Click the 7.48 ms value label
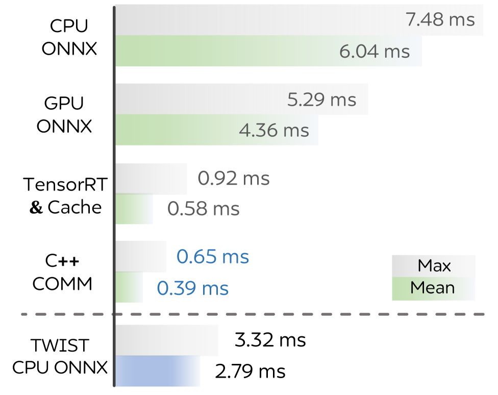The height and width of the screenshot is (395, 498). tap(440, 20)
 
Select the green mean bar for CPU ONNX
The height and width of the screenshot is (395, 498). tap(268, 51)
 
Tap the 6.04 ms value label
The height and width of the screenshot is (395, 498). tap(375, 52)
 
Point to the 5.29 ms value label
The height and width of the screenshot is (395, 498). tap(322, 100)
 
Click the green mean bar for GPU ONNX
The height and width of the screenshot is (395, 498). tap(217, 130)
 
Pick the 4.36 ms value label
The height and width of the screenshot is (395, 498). tap(274, 130)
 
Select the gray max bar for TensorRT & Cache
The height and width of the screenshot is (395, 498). tap(151, 179)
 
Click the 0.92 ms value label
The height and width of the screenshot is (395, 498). tap(234, 178)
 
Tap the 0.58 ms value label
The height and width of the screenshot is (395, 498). tap(203, 209)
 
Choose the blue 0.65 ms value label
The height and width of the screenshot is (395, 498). tap(212, 257)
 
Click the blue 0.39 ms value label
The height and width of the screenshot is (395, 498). tap(193, 288)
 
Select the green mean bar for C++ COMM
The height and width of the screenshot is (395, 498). tap(129, 287)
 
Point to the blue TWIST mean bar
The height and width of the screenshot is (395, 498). tap(158, 371)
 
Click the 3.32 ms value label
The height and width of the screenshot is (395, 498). tap(270, 340)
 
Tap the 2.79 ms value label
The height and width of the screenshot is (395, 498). tap(250, 371)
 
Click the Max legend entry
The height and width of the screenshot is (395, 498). tap(434, 266)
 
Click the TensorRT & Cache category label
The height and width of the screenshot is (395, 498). tap(65, 196)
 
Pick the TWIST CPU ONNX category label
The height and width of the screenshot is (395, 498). tap(60, 356)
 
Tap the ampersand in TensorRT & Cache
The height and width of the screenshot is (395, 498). tap(36, 208)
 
